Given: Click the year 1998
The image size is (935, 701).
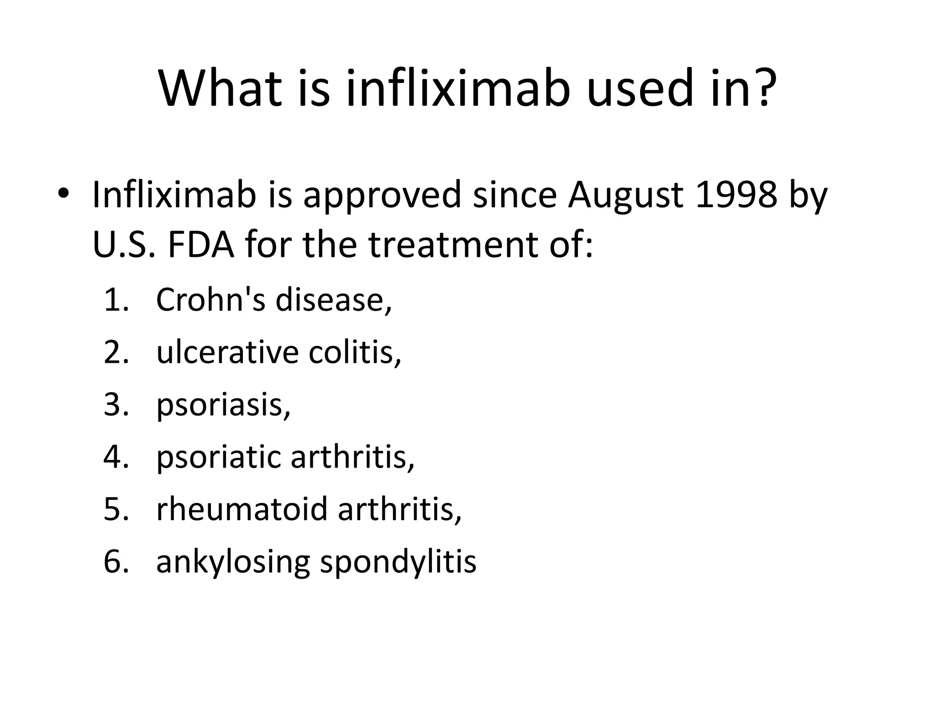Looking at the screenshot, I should (x=736, y=195).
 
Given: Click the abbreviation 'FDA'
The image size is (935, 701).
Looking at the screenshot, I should (x=201, y=245).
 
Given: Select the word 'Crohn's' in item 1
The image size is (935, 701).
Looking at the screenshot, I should (x=210, y=299).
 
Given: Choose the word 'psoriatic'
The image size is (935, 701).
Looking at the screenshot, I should (x=219, y=458).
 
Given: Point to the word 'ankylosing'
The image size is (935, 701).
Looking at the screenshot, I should (x=233, y=562).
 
